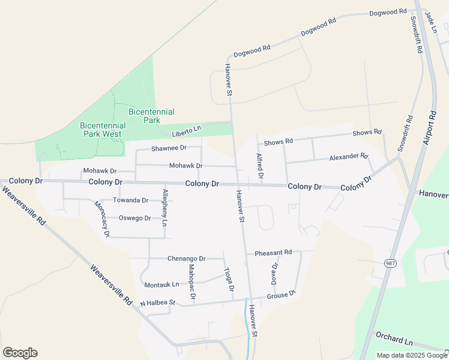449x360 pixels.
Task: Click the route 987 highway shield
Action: (x=390, y=263)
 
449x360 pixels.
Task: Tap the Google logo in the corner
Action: (x=20, y=353)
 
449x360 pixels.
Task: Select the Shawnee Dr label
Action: (x=169, y=148)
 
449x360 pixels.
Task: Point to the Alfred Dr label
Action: (x=259, y=166)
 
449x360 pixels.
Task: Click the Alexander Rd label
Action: (x=348, y=157)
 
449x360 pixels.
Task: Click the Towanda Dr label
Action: (x=130, y=200)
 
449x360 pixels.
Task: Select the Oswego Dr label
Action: (x=134, y=218)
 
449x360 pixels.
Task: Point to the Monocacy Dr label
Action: (x=101, y=218)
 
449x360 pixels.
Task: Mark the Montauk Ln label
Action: (x=161, y=284)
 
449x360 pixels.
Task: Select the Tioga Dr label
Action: (x=228, y=280)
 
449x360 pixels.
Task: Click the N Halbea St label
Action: (x=157, y=304)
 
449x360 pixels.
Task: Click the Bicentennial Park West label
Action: (x=101, y=130)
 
